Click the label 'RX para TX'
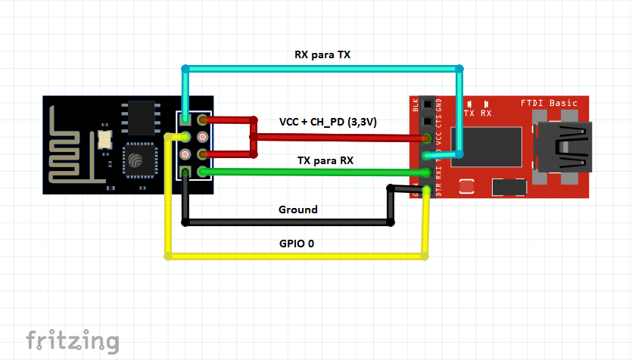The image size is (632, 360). (x=322, y=55)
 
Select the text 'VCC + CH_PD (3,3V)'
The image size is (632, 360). (x=328, y=122)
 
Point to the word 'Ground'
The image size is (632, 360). (x=298, y=209)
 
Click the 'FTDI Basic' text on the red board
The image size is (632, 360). (x=549, y=103)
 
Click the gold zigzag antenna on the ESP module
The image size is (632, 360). (x=71, y=144)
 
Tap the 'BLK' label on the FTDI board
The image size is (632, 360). (x=415, y=104)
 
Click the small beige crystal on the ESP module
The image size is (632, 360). (x=104, y=138)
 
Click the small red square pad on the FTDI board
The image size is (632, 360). (x=467, y=186)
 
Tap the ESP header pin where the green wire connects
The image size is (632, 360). (x=202, y=172)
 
